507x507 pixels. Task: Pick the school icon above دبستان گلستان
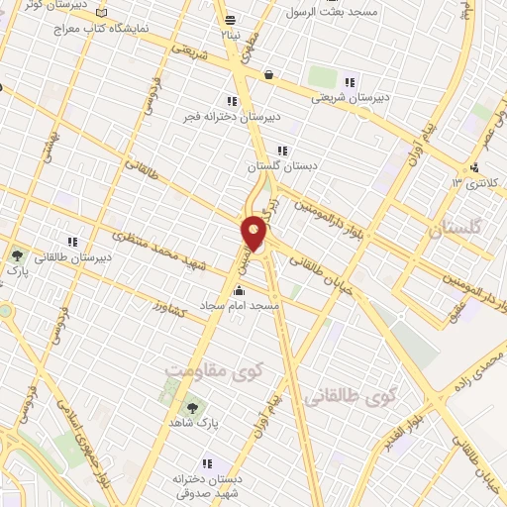[x=282, y=151]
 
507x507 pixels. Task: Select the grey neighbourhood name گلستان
[x=458, y=230]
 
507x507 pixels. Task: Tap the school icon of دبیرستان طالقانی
[x=71, y=241]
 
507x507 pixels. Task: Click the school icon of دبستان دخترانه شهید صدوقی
[x=206, y=462]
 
